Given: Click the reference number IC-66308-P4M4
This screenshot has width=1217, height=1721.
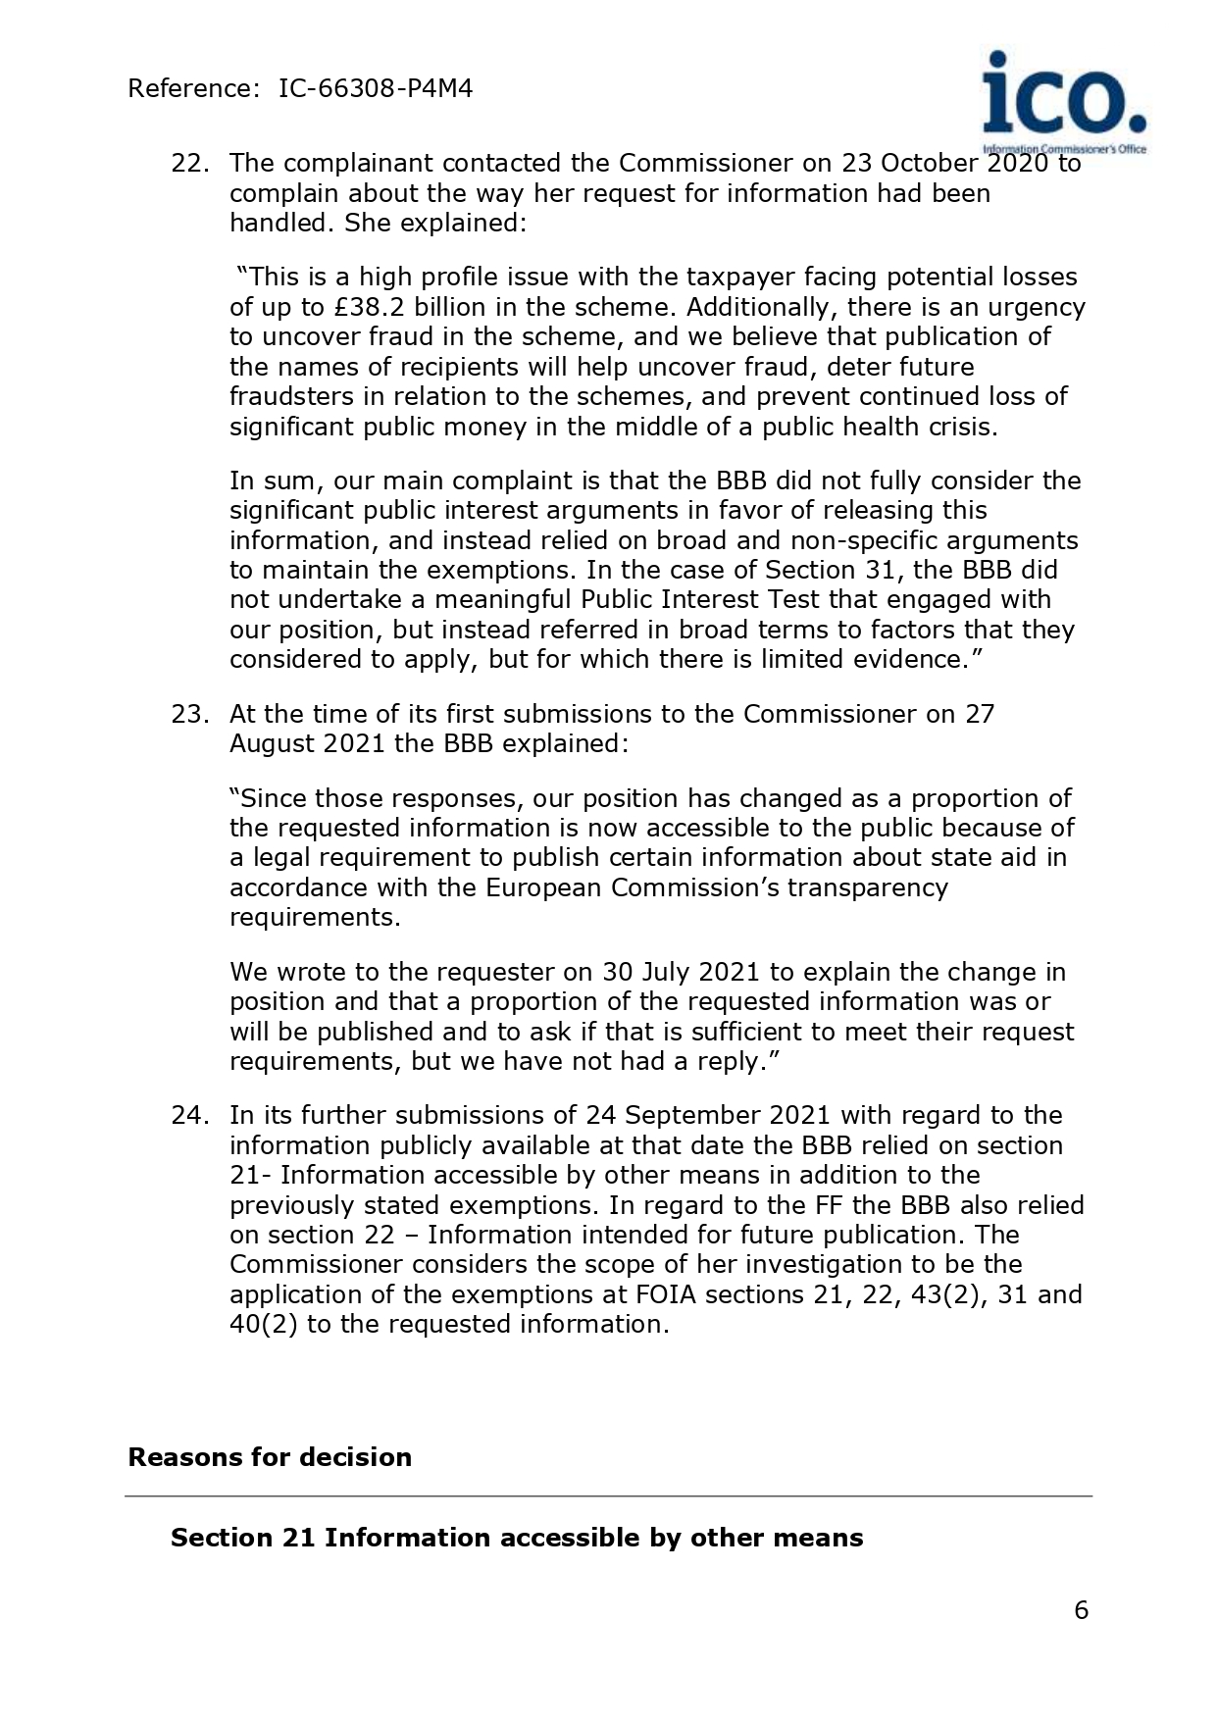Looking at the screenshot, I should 376,89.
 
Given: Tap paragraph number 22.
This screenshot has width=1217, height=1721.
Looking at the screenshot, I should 189,164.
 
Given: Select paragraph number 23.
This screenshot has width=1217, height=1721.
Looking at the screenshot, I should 189,714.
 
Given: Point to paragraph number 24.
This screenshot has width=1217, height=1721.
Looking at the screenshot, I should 189,1116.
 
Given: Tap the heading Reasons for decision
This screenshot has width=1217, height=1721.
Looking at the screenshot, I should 270,1457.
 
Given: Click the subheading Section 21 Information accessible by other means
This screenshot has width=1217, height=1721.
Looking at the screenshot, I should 517,1538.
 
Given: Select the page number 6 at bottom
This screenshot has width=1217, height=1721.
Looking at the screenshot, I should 1082,1610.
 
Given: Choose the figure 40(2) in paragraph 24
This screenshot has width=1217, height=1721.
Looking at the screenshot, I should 263,1325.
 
